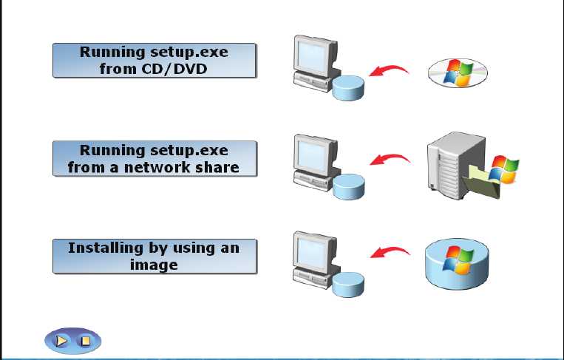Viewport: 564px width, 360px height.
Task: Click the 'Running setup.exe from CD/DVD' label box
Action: coord(154,61)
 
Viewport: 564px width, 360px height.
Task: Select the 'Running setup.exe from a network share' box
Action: coord(154,159)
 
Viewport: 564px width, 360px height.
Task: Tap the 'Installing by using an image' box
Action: coord(154,256)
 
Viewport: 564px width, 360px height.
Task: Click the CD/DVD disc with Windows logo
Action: coord(458,73)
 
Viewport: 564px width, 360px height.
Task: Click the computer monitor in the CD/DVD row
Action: coord(313,55)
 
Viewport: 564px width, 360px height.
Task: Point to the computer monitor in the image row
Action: coord(313,251)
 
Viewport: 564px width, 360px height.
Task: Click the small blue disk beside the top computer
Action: coord(349,88)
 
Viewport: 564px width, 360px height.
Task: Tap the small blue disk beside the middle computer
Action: coord(349,186)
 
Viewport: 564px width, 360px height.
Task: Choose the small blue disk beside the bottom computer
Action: coord(349,284)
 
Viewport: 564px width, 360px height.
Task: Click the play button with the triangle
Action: coord(62,341)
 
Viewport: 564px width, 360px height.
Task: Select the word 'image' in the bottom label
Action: coord(154,265)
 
